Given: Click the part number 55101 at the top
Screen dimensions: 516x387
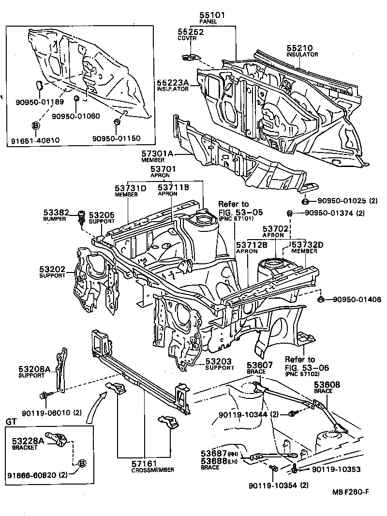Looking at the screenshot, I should (211, 15).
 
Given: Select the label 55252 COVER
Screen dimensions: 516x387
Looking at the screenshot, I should (190, 35).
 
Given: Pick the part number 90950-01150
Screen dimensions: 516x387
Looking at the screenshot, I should (116, 138).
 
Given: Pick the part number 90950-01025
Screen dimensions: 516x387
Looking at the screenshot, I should (340, 200).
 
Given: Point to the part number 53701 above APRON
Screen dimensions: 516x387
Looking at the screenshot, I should (163, 169).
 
